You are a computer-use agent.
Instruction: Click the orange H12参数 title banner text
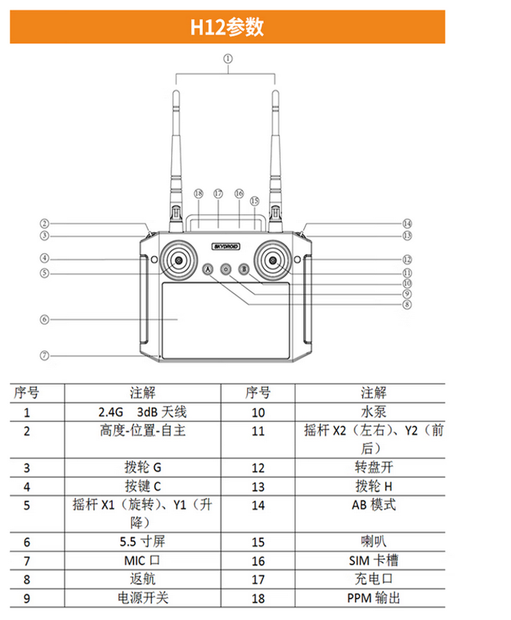pos(227,27)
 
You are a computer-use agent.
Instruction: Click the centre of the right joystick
pos(273,261)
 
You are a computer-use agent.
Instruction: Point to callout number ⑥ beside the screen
pos(44,319)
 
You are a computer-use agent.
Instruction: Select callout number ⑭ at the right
pos(407,223)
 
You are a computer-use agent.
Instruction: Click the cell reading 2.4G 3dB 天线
pos(142,412)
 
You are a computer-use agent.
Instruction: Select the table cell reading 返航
pos(142,580)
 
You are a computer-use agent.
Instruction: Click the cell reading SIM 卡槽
pos(373,561)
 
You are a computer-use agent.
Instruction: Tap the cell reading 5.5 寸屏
pos(142,542)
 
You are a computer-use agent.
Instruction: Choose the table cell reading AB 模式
pos(373,505)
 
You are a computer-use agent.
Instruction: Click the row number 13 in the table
pos(258,487)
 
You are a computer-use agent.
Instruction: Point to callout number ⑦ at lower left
pos(44,355)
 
